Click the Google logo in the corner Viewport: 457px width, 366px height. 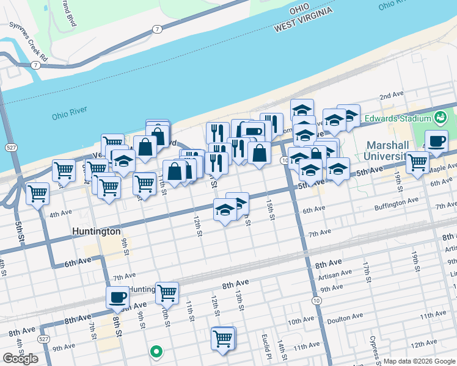click(20, 358)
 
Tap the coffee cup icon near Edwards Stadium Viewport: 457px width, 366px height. click(436, 141)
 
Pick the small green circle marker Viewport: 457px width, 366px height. click(156, 351)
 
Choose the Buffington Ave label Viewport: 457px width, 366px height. click(396, 200)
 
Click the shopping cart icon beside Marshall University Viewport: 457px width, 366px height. click(417, 162)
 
